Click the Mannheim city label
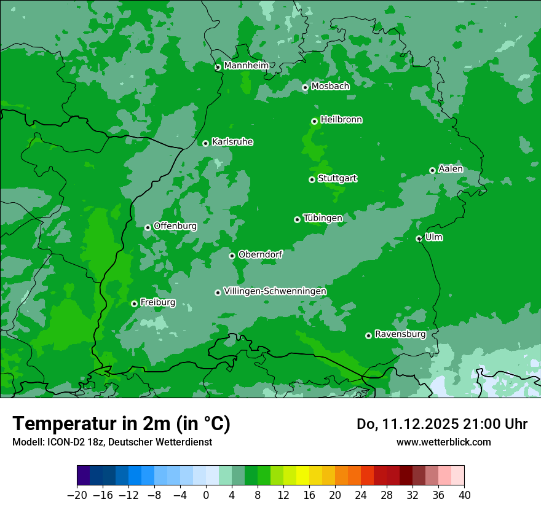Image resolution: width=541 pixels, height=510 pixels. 246,65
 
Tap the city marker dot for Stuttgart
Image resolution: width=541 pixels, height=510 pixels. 312,179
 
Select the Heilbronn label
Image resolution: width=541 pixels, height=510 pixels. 341,119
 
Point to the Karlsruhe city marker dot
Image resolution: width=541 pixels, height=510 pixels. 205,143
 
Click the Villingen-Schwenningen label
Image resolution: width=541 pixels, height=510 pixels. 275,291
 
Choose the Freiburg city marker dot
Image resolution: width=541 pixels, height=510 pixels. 134,304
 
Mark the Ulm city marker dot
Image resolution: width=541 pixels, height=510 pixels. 419,238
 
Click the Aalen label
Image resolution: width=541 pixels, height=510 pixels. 451,168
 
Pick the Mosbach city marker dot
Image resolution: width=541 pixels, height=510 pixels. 305,87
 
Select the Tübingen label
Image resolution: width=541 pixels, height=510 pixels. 323,218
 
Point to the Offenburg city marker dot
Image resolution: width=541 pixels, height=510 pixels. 148,227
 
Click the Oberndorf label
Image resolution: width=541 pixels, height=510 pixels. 260,254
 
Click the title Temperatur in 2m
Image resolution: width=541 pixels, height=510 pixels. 121,423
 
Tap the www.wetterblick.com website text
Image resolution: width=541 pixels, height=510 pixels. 443,442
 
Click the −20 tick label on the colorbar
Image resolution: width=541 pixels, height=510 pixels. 77,495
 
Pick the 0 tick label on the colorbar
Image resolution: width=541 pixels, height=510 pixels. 206,495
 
